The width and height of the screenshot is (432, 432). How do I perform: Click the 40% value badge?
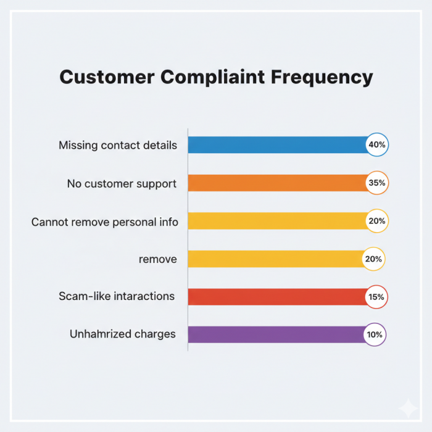coord(376,145)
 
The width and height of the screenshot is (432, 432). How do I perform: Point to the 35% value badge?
coord(376,183)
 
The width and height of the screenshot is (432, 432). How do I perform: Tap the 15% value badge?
coord(376,297)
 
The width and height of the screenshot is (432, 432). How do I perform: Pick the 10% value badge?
coord(375,334)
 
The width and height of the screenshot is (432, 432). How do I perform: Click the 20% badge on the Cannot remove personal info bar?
coord(376,221)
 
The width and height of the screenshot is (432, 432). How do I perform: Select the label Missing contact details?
coord(118,146)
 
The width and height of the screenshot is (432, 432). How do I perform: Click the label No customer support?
coord(122,183)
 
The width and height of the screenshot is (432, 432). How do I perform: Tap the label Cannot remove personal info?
coord(105,222)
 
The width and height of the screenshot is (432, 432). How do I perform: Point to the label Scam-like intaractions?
coord(117,296)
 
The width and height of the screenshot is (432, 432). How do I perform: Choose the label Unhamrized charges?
coord(123,334)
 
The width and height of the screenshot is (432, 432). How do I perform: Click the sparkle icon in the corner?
coord(407,408)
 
